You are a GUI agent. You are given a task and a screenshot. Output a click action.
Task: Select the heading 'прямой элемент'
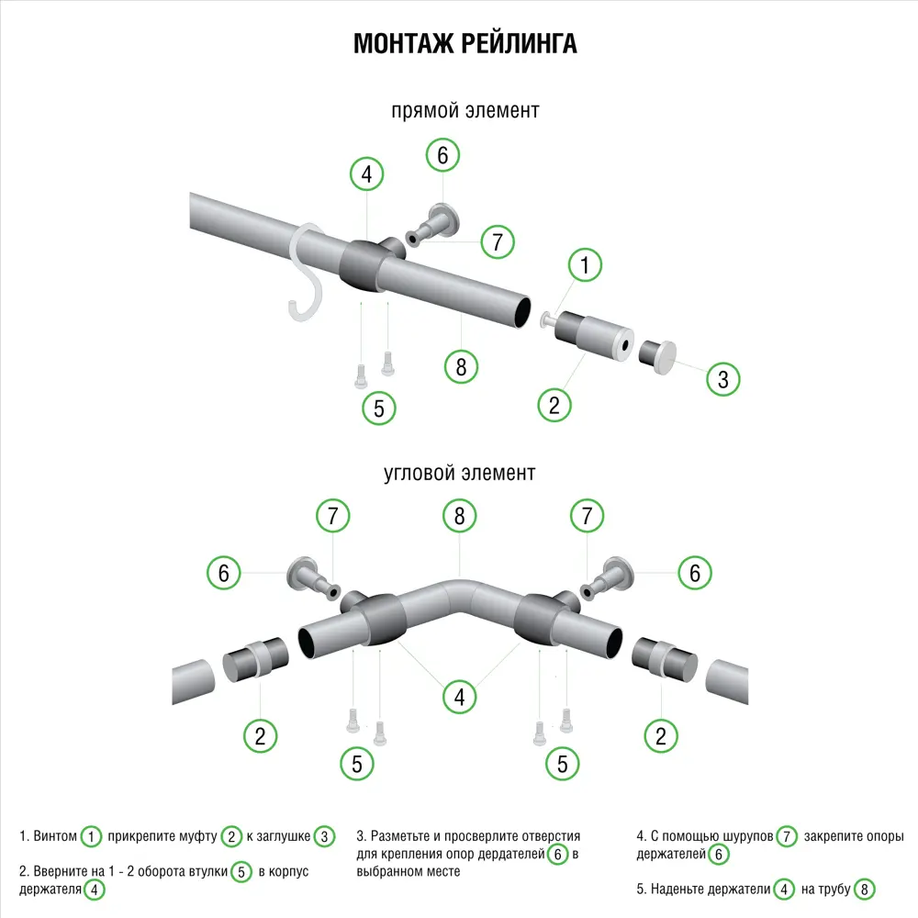point(465,110)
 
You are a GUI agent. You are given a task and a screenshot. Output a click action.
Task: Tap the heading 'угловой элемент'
point(459,474)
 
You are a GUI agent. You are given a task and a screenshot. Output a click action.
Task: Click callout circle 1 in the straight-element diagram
point(585,266)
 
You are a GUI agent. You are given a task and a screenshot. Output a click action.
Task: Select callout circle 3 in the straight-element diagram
point(723,378)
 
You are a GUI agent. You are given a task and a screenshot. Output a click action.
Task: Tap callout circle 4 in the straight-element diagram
point(367,174)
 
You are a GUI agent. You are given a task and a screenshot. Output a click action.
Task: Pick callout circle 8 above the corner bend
point(459,516)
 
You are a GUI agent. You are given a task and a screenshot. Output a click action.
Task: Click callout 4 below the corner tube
point(459,698)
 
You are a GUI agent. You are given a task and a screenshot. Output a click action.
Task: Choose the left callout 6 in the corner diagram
point(223,574)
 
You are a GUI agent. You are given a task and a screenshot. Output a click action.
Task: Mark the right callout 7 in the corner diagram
point(586,516)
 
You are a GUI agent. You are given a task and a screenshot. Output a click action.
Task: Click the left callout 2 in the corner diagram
point(261,734)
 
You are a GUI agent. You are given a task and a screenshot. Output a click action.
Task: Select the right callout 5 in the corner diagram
point(562,763)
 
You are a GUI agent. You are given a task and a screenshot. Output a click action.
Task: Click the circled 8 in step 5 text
point(864,889)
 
